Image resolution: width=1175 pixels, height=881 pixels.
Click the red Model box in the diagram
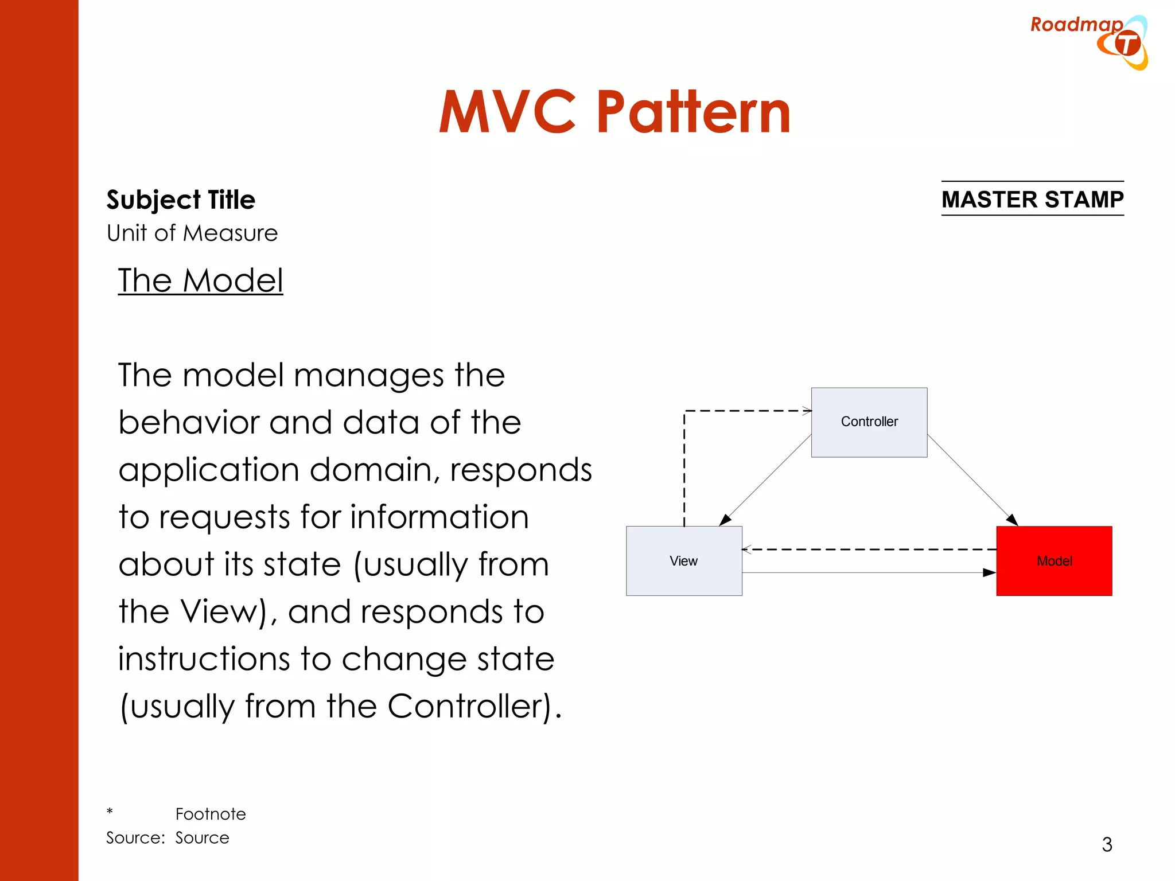point(1054,560)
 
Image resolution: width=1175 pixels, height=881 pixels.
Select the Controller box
point(869,422)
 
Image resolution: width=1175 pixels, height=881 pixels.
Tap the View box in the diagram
point(683,560)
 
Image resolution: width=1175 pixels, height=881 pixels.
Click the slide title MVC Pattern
point(614,112)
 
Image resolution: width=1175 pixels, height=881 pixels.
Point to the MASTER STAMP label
point(1032,199)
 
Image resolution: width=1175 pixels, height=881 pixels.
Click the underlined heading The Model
point(200,280)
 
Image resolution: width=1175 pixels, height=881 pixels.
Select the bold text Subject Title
point(181,200)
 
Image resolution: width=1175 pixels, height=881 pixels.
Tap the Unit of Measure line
point(192,233)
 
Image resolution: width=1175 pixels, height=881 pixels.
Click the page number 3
point(1107,844)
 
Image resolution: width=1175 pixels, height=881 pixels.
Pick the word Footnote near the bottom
point(211,814)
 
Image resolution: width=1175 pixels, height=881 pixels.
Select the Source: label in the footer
point(135,838)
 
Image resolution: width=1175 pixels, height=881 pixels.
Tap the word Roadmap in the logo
point(1076,25)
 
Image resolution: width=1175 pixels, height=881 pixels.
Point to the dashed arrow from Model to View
point(869,549)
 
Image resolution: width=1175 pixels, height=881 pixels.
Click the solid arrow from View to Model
point(869,572)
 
